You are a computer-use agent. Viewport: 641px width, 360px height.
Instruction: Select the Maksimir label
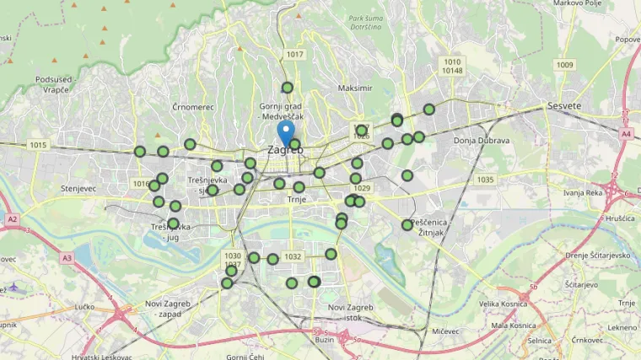pos(354,88)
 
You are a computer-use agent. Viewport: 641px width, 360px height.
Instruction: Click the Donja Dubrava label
pos(481,140)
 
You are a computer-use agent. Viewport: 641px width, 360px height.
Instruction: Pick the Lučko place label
pos(84,307)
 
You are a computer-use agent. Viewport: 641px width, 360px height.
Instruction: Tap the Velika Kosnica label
pos(503,304)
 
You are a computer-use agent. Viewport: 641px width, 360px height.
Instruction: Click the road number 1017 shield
pos(294,55)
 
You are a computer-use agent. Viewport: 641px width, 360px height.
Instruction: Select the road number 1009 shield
pos(564,65)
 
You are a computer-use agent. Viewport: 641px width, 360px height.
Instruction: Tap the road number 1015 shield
pos(38,145)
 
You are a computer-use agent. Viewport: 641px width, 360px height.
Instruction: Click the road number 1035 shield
pos(484,180)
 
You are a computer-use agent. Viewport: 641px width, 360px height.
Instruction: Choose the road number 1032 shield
pos(293,256)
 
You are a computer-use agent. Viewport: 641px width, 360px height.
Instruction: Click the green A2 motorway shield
pos(12,219)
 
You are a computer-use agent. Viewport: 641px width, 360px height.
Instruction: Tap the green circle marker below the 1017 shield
pos(288,88)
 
